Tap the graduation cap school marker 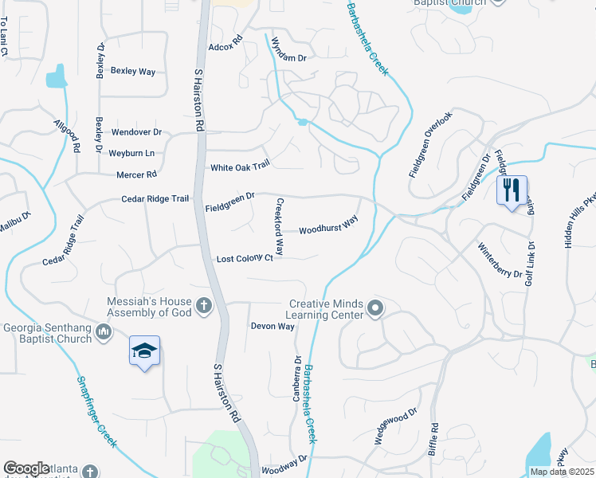[x=145, y=351]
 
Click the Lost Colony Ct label [x=245, y=259]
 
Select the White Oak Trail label [x=240, y=167]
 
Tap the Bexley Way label [x=133, y=71]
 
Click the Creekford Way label [x=280, y=227]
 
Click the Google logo [x=26, y=468]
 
